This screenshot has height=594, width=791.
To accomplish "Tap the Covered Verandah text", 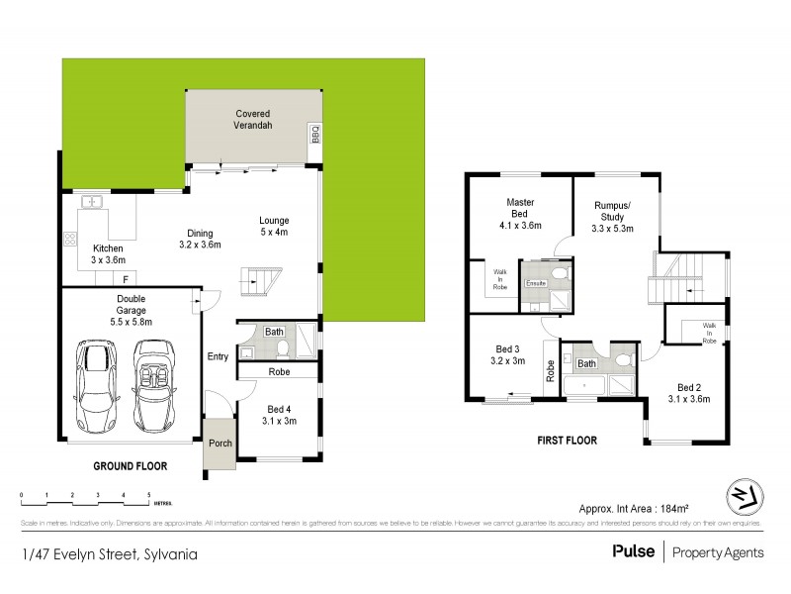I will coord(253,120).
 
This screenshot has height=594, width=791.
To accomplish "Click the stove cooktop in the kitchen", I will coord(70,238).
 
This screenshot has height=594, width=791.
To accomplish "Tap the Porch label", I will coord(220,443).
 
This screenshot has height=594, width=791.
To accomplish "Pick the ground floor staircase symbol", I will coord(260,280).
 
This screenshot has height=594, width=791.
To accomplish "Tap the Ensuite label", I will coord(537,283).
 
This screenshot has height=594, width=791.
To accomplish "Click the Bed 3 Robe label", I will coord(550,369).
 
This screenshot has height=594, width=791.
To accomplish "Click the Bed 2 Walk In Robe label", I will coord(709,331).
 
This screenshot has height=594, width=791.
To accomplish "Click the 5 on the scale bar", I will coord(148,493).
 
